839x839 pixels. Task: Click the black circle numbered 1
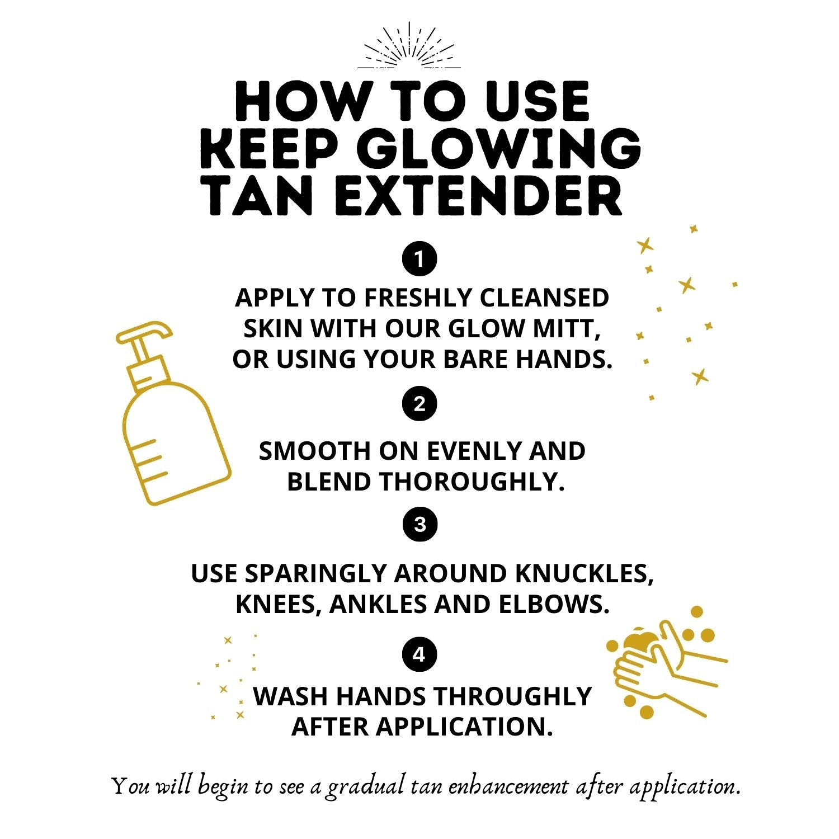tap(419, 259)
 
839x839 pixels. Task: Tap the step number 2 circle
tap(419, 403)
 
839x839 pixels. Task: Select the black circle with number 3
tap(420, 525)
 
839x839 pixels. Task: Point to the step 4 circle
tap(419, 654)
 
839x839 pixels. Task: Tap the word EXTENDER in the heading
tap(478, 195)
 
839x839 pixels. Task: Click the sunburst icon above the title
tap(409, 47)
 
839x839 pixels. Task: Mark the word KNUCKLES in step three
tap(583, 573)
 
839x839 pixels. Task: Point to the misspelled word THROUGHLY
tap(512, 696)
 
